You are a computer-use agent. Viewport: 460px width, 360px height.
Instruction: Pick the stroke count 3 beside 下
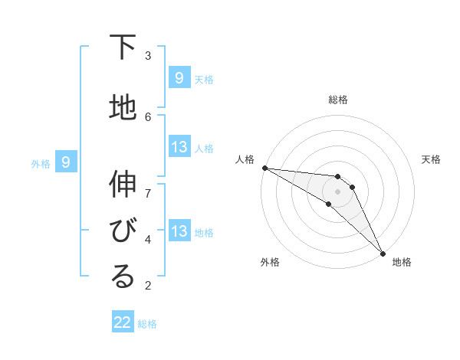(148, 55)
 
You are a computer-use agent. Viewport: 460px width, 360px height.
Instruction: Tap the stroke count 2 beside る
(148, 285)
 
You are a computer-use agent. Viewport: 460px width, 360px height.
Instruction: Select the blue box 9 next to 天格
(179, 77)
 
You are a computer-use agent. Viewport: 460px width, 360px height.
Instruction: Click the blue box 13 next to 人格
(179, 147)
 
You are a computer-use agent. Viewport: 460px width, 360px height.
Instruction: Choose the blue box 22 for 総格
(123, 322)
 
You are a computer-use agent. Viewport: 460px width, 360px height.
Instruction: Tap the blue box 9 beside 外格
(66, 162)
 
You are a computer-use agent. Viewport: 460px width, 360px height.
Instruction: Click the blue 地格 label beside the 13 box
(204, 233)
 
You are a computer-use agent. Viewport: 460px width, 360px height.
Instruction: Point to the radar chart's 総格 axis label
(338, 100)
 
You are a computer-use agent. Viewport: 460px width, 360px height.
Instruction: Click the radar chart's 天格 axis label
(432, 159)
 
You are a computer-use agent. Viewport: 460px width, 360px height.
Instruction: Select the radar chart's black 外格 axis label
(270, 262)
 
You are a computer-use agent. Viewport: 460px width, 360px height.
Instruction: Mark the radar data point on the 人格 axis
(264, 168)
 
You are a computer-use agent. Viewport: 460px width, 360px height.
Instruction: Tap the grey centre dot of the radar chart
(338, 191)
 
